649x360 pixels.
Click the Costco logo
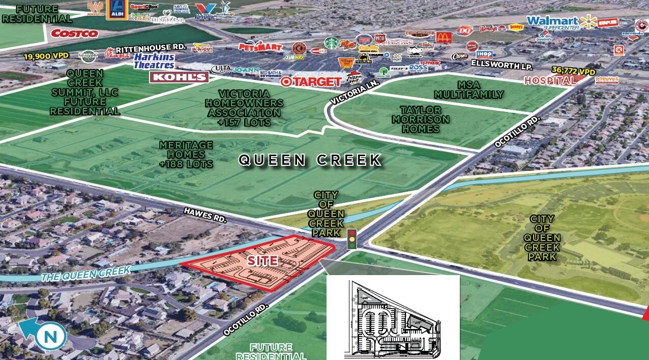pyautogui.click(x=74, y=34)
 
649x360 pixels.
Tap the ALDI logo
pyautogui.click(x=117, y=10)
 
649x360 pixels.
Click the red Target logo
pyautogui.click(x=310, y=81)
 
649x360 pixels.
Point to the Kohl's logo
pyautogui.click(x=179, y=77)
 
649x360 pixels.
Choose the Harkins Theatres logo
pyautogui.click(x=154, y=61)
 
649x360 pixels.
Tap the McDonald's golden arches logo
pyautogui.click(x=444, y=37)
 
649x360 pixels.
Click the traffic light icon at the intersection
pyautogui.click(x=351, y=238)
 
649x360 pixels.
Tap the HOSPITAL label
pyautogui.click(x=550, y=80)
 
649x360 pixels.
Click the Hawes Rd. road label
pyautogui.click(x=204, y=214)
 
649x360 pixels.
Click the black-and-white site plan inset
pyautogui.click(x=393, y=318)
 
